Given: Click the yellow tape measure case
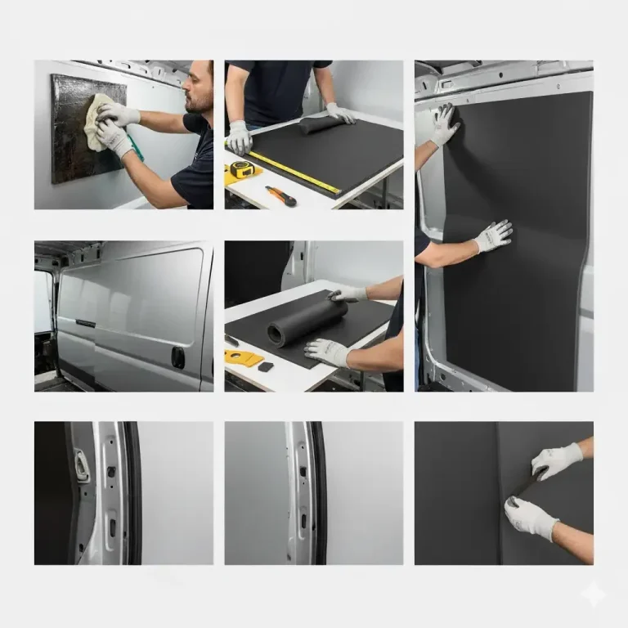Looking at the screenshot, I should tap(241, 170).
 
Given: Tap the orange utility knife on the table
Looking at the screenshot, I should tap(280, 196).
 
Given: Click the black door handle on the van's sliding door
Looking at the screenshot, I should tap(177, 357).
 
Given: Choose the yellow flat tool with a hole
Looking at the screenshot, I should tap(243, 358).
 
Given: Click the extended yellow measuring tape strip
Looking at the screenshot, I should tap(294, 173).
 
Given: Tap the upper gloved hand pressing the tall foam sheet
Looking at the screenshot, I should tap(445, 124).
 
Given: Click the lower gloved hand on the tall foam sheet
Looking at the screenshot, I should tap(493, 236).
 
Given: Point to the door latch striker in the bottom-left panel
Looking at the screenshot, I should tap(82, 465).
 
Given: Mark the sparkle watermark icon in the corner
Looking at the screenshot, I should tap(594, 595).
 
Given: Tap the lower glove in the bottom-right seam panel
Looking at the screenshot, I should tap(530, 518).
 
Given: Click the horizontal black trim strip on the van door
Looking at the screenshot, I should tap(86, 323).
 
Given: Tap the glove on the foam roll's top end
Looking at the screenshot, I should tap(348, 293).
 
